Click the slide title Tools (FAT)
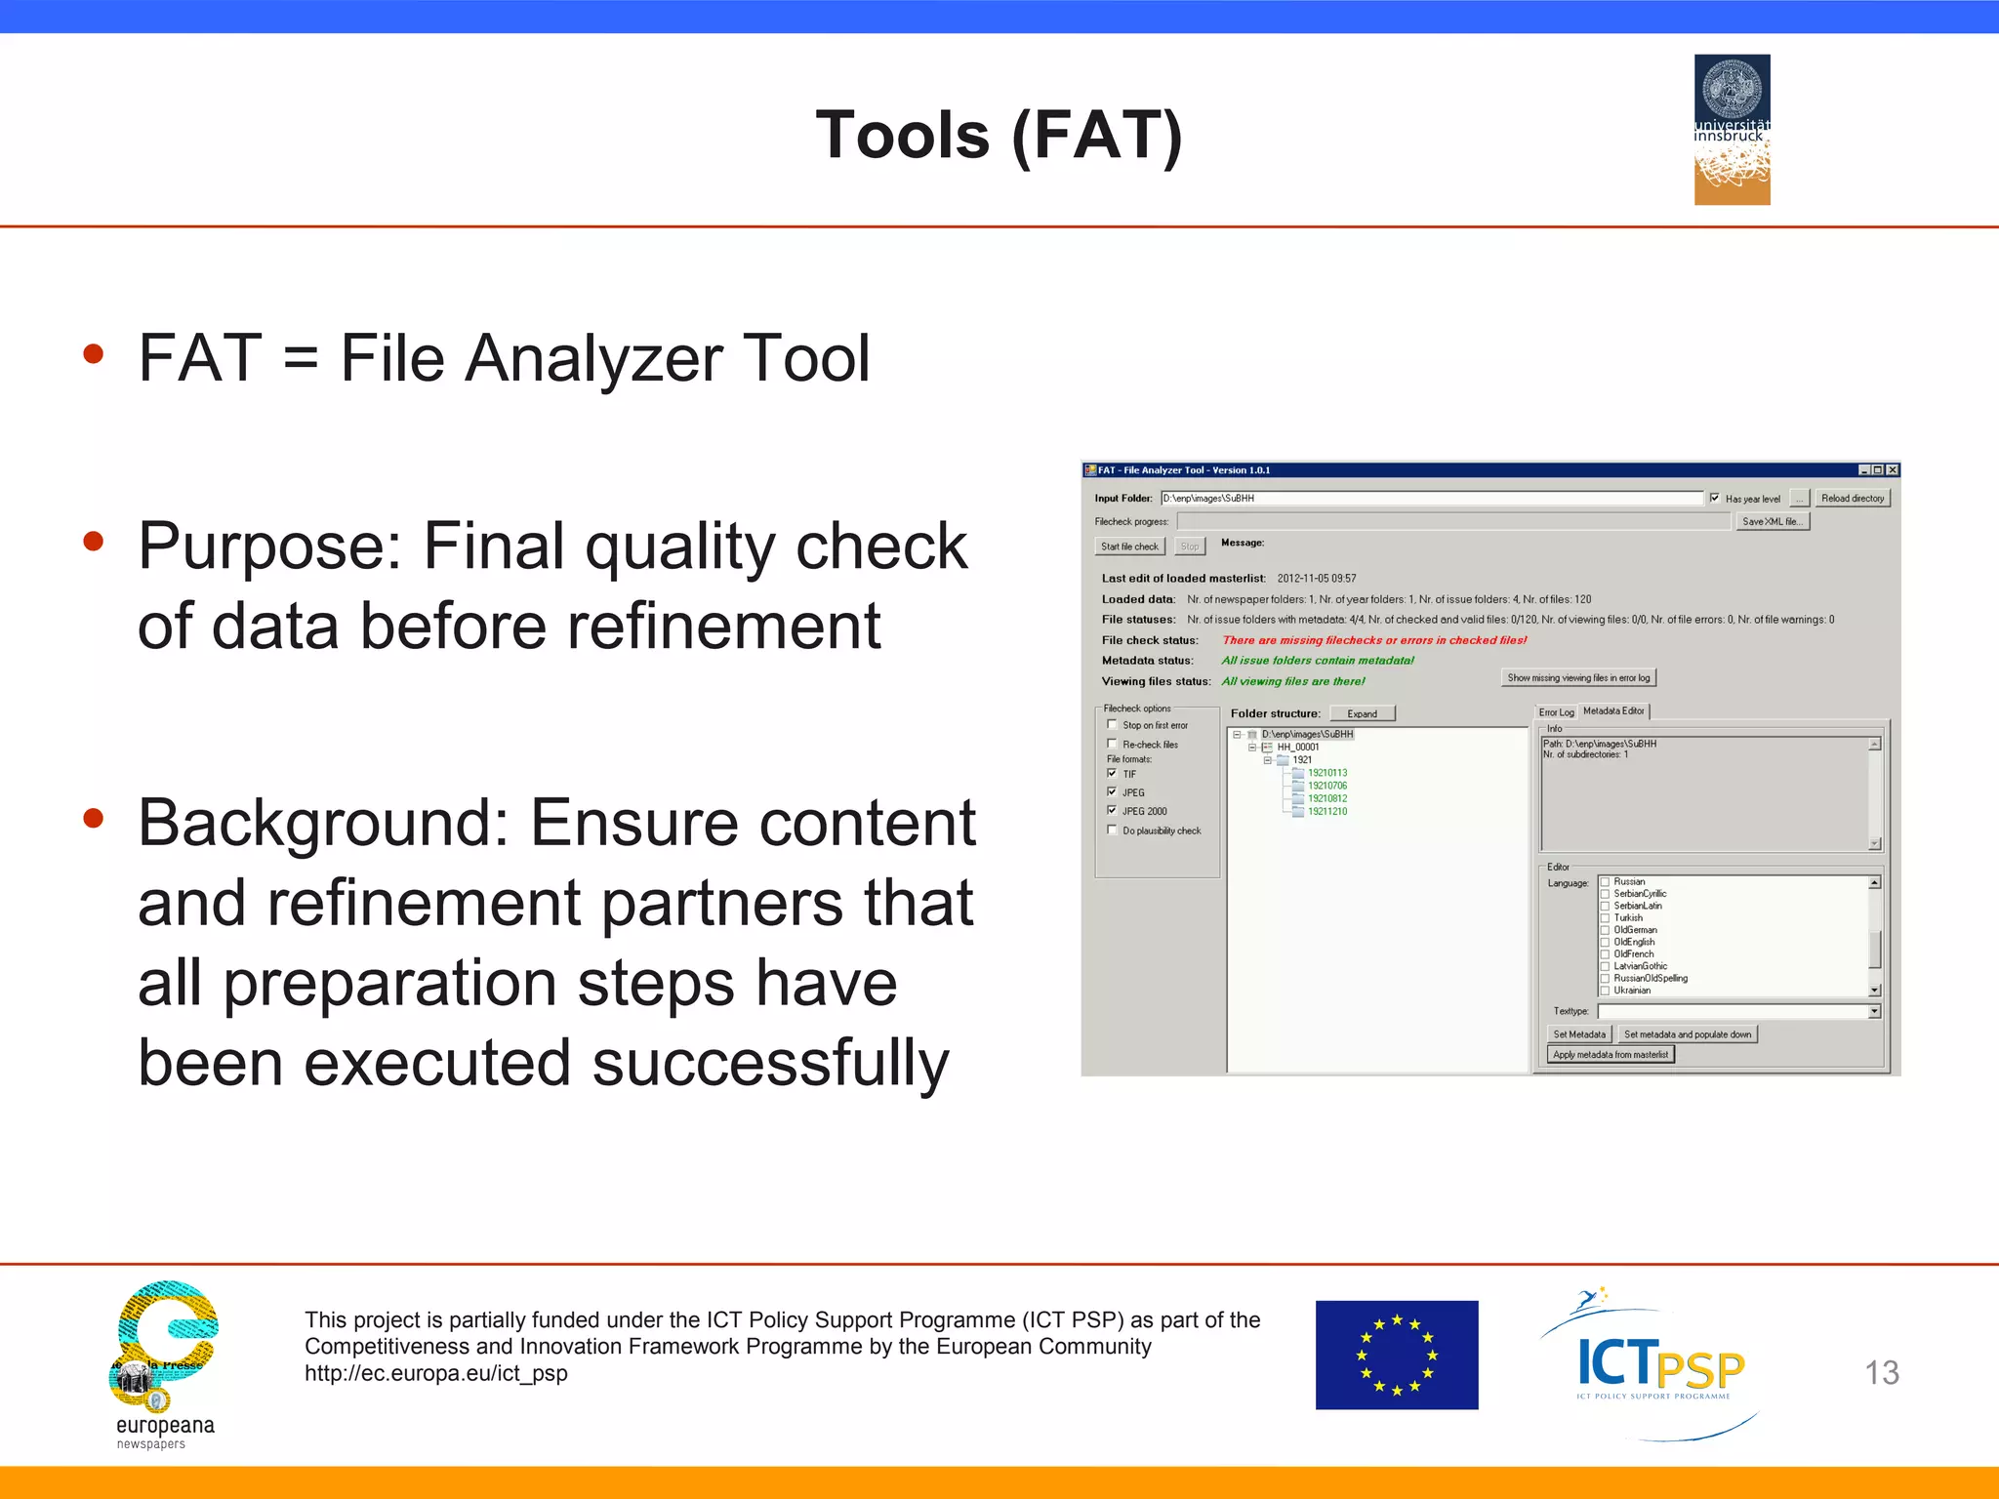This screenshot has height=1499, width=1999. click(x=999, y=135)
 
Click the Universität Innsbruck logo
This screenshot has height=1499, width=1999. click(x=1732, y=129)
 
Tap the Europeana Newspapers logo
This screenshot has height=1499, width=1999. click(x=164, y=1362)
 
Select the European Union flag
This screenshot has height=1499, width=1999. click(x=1396, y=1355)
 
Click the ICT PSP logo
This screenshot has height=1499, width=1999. click(x=1659, y=1364)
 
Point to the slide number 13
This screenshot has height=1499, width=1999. click(x=1881, y=1373)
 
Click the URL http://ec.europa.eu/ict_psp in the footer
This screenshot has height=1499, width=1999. click(x=435, y=1373)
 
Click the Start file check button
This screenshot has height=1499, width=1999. click(x=1129, y=547)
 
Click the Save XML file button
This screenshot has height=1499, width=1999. click(x=1772, y=521)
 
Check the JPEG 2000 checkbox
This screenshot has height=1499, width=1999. click(x=1112, y=810)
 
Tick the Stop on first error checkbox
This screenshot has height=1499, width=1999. click(x=1112, y=724)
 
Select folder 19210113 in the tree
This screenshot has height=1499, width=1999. click(x=1326, y=773)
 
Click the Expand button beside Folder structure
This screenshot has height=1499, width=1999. click(x=1362, y=713)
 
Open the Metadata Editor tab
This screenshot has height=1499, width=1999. click(x=1613, y=711)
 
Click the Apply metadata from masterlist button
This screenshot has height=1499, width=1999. click(x=1610, y=1054)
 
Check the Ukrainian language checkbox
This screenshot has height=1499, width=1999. click(x=1604, y=991)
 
